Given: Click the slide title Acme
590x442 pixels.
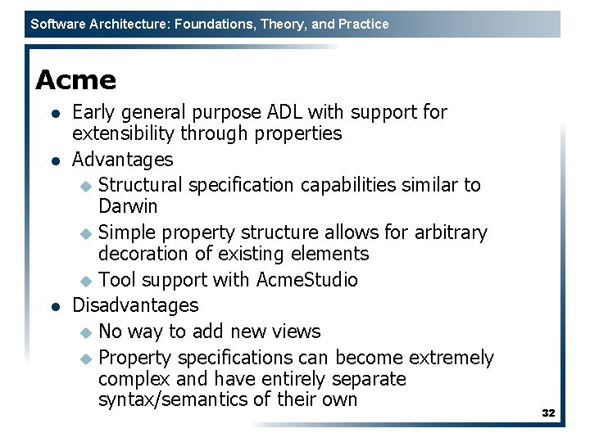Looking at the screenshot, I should pyautogui.click(x=75, y=80).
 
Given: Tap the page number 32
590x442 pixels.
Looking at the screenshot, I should pyautogui.click(x=548, y=413).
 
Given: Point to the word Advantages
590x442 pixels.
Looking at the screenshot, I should pyautogui.click(x=123, y=159).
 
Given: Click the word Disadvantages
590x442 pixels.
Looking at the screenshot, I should pyautogui.click(x=135, y=305).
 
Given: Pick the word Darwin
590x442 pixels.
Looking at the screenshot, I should pyautogui.click(x=128, y=205).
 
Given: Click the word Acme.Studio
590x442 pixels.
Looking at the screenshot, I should pyautogui.click(x=307, y=280).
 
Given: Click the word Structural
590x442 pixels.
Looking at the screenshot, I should pyautogui.click(x=141, y=185).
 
